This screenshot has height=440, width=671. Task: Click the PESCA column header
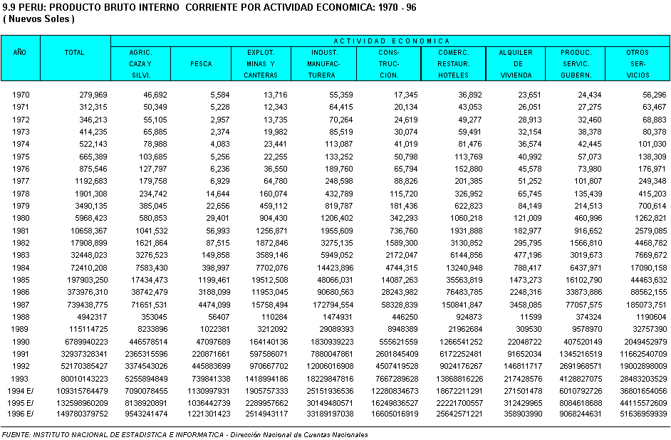[x=201, y=64]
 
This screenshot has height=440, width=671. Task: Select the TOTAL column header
[x=74, y=53]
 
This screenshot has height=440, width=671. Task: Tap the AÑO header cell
[x=20, y=53]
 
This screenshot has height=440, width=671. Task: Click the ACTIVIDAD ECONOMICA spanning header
[x=391, y=41]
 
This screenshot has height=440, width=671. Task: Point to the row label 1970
[x=21, y=94]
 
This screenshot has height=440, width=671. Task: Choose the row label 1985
[x=21, y=280]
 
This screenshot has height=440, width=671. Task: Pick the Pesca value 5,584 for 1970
[x=215, y=94]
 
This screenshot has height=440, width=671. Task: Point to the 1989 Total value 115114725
[x=83, y=329]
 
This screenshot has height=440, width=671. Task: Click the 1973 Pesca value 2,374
[x=215, y=131]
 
